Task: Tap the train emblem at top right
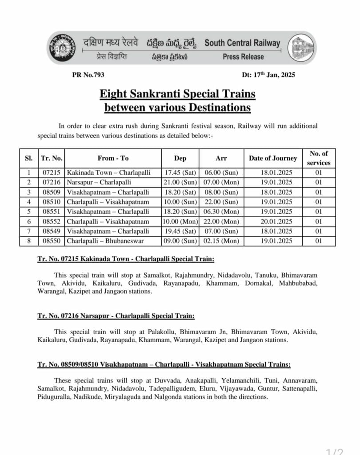(300, 48)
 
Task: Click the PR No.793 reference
(88, 75)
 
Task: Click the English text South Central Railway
(242, 43)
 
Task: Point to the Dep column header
(180, 158)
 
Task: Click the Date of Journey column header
(273, 158)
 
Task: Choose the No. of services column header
(319, 158)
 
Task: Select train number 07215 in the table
(52, 172)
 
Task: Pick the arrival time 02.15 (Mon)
(221, 241)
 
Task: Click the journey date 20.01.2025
(273, 221)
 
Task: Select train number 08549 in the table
(52, 231)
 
